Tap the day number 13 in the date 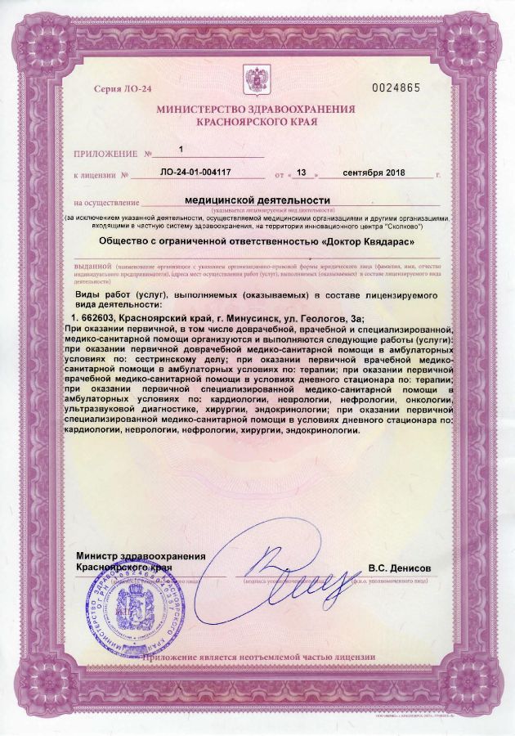[x=301, y=173]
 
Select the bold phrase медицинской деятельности [x=257, y=200]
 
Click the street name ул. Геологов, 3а [x=317, y=317]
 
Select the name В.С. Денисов [x=400, y=567]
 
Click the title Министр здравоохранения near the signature [x=141, y=556]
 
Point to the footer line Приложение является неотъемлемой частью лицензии [x=258, y=656]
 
